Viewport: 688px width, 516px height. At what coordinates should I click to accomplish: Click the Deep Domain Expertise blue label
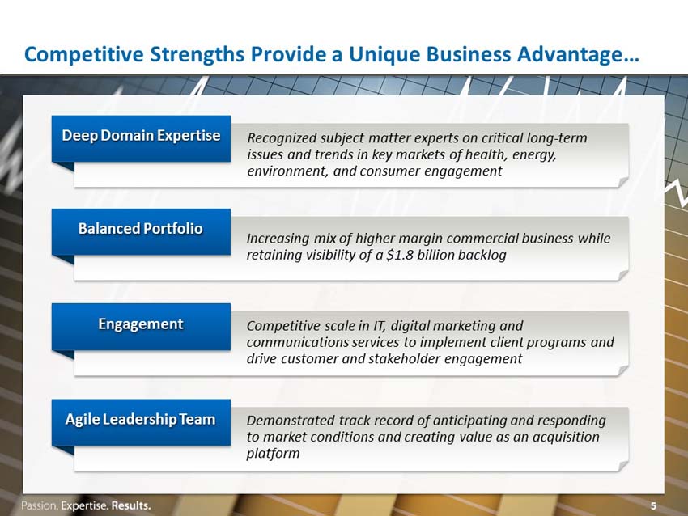click(x=141, y=138)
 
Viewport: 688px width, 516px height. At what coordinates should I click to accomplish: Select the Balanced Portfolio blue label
click(x=141, y=231)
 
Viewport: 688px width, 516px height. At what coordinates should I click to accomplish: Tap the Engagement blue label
click(x=141, y=327)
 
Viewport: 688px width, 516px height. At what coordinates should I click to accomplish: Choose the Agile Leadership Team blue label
click(x=141, y=422)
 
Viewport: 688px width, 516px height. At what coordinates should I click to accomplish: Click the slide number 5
click(x=653, y=506)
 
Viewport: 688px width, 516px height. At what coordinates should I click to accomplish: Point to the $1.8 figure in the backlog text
click(x=400, y=255)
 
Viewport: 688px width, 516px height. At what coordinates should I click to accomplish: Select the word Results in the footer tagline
click(x=131, y=505)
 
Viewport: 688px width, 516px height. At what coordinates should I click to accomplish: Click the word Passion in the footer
click(x=39, y=505)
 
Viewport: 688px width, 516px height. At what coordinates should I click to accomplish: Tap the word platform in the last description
click(x=273, y=453)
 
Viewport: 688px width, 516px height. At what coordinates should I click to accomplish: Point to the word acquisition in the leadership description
click(x=566, y=437)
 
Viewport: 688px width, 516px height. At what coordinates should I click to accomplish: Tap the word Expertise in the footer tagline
click(x=84, y=506)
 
